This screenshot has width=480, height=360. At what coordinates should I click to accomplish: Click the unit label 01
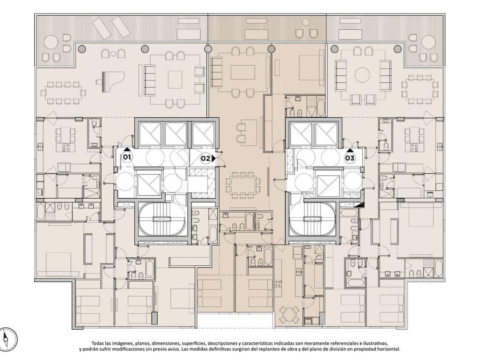pos(127,158)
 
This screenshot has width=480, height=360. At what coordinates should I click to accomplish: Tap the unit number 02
pos(205,159)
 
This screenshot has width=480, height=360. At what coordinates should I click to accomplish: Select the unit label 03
pos(350,158)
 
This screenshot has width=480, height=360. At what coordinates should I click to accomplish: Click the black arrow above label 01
pos(127,149)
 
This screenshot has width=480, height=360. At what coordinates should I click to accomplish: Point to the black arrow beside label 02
pos(213,159)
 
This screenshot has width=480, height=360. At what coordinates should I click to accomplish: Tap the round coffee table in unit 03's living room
pos(362,75)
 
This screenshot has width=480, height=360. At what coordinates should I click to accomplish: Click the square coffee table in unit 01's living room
pos(175,79)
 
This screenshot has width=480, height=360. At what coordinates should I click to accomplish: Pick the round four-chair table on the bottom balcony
pos(290,315)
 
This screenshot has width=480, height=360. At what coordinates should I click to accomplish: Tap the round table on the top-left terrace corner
pos(51,42)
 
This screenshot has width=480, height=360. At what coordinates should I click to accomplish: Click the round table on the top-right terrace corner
pos(429,42)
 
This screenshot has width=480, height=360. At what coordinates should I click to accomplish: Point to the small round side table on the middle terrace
pos(305,22)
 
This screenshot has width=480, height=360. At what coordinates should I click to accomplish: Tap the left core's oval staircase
pos(161,219)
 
